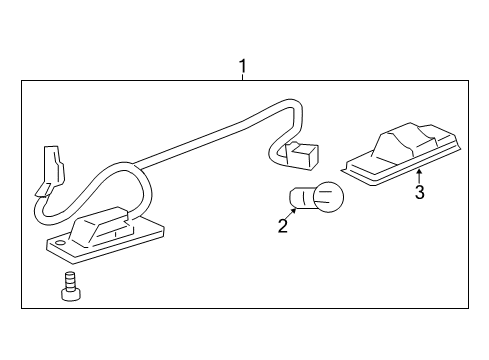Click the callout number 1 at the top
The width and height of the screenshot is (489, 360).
tap(242, 67)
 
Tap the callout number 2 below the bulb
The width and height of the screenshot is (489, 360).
tap(283, 226)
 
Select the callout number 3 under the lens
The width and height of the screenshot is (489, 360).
tap(420, 192)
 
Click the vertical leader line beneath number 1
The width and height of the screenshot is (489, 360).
tap(242, 80)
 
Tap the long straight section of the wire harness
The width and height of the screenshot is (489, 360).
tap(200, 137)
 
